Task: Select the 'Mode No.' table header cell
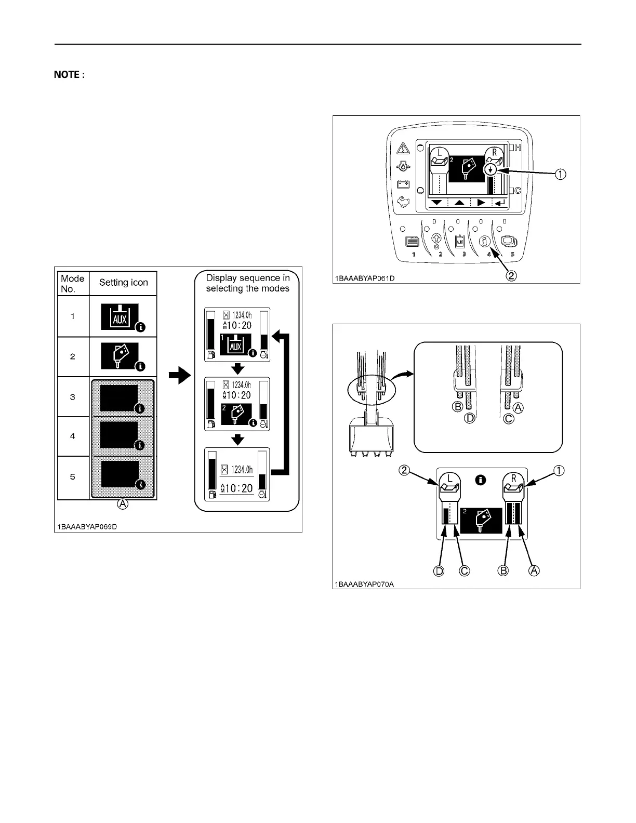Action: (72, 284)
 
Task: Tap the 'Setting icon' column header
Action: (123, 283)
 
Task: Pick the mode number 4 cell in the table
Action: (72, 436)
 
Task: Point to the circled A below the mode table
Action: (122, 504)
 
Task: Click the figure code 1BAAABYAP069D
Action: (87, 526)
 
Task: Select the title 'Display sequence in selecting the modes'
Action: (247, 283)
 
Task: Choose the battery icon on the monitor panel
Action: (403, 184)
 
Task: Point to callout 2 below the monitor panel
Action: (511, 276)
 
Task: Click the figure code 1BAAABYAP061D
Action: (364, 278)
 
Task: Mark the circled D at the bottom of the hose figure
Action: (439, 570)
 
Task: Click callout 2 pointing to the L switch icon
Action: (405, 471)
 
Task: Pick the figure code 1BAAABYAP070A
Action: (364, 583)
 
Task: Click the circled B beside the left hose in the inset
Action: (458, 407)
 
